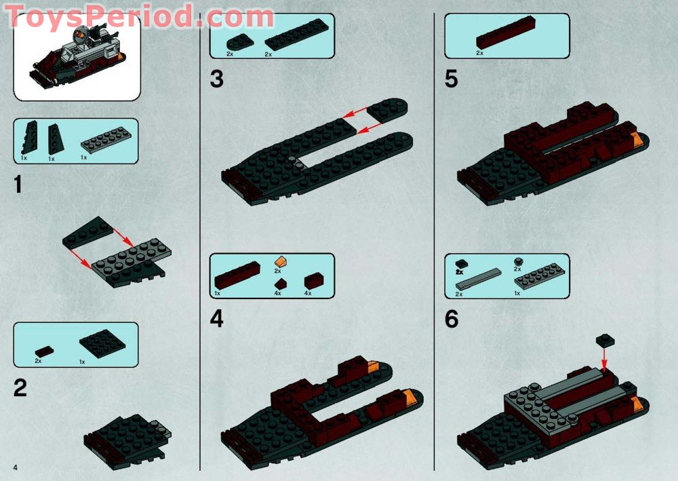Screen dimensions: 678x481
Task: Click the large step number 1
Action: [18, 185]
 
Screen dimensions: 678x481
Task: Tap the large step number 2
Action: [20, 388]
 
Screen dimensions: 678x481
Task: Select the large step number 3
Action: [217, 79]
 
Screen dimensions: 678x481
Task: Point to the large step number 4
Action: [217, 320]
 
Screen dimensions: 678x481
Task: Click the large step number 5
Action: [452, 79]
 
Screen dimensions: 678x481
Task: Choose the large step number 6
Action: [452, 320]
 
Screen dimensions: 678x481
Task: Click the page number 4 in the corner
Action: [16, 467]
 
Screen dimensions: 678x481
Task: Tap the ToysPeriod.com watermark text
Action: [139, 17]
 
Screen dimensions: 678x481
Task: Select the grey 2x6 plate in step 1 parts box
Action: [106, 140]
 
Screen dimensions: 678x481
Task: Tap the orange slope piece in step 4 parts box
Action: [281, 262]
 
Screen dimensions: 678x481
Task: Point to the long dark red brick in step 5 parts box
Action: [506, 32]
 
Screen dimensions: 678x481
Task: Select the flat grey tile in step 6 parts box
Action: [479, 280]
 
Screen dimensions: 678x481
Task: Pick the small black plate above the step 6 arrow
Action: [605, 340]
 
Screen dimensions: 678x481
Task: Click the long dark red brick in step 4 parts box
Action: [237, 275]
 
